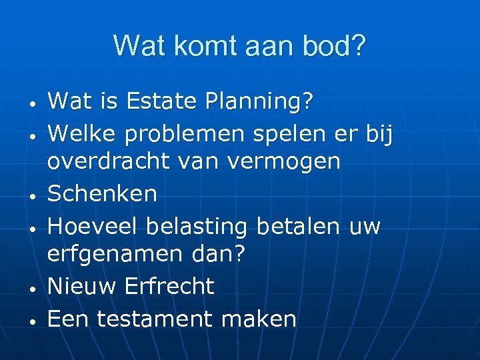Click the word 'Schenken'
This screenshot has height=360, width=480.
103,193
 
